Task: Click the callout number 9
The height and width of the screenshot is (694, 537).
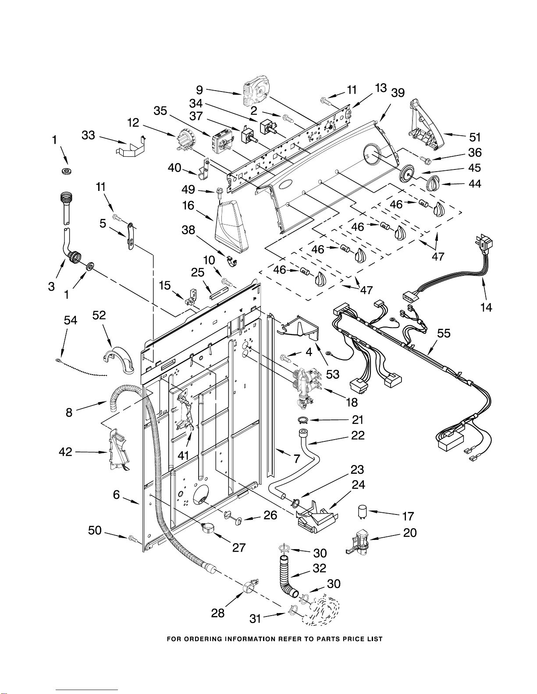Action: [x=199, y=90]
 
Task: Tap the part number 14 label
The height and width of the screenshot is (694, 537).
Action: [x=486, y=307]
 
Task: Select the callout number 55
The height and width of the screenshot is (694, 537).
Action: [x=444, y=333]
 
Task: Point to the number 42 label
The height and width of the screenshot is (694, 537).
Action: [x=65, y=451]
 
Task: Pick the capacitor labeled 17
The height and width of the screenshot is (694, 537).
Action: [x=362, y=511]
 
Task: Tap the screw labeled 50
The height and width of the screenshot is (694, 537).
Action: [x=135, y=539]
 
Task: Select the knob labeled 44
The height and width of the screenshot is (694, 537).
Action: [x=433, y=183]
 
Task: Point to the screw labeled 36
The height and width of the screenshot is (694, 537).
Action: [x=425, y=159]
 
